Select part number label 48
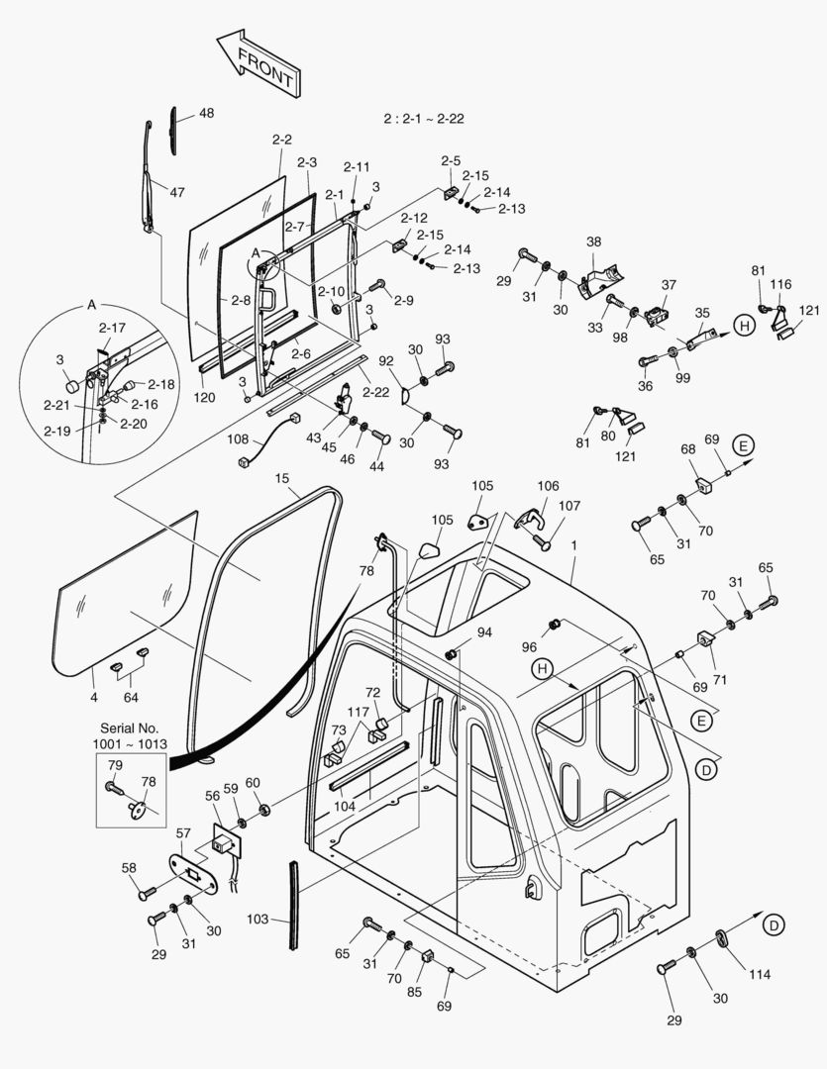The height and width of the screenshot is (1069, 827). tap(206, 114)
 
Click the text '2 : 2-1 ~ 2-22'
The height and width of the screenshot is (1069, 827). tap(424, 118)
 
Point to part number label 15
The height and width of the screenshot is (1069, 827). tap(281, 479)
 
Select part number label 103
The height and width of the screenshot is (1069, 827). tap(257, 920)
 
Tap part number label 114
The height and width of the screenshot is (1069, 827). tap(759, 975)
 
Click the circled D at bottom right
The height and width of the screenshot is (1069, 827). tap(775, 924)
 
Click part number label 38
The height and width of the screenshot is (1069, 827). tap(593, 242)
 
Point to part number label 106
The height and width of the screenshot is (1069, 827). tap(548, 486)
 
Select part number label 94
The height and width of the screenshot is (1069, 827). tap(484, 632)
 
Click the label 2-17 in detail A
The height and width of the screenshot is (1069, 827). tap(112, 328)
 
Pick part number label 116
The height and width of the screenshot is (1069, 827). tap(781, 284)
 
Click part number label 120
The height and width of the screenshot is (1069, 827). tap(204, 397)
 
